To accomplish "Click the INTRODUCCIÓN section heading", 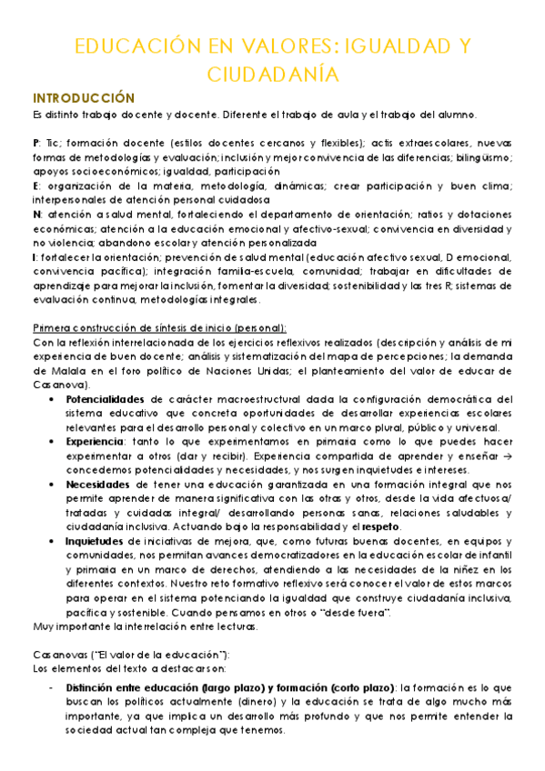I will [83, 97].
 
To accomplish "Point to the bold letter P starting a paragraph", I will [35, 144].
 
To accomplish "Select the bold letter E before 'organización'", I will [35, 185].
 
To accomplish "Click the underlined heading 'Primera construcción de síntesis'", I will [159, 327].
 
